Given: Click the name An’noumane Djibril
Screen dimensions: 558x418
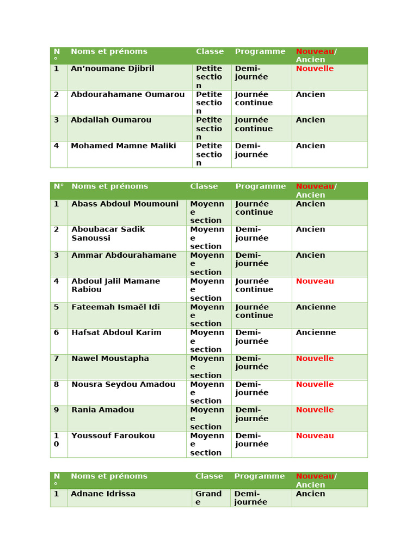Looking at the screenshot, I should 113,69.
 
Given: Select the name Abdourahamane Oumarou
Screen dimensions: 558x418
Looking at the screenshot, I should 127,94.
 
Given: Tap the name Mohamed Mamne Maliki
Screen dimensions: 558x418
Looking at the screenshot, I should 124,146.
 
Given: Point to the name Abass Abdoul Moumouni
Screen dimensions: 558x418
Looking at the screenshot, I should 125,204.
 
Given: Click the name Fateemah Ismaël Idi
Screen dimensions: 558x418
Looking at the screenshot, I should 115,307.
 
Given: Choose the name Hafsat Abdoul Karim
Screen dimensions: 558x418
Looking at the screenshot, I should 116,333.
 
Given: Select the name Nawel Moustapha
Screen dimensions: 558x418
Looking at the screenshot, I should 110,359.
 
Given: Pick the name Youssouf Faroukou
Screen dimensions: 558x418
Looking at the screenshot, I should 113,436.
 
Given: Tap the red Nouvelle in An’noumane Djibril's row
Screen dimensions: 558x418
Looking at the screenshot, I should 315,69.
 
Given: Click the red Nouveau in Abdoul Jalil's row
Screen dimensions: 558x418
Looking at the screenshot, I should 315,281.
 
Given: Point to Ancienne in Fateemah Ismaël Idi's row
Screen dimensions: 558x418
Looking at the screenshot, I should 316,307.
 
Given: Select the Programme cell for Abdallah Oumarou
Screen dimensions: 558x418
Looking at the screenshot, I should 254,124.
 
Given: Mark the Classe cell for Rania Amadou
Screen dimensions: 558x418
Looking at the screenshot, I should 207,418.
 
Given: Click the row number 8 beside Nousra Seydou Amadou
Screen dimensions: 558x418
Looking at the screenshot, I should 56,385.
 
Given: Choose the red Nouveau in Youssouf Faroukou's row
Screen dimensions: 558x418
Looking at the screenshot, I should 315,436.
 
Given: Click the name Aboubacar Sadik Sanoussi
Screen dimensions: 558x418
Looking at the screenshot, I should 108,234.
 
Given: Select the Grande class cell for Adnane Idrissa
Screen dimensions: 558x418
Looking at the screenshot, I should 208,498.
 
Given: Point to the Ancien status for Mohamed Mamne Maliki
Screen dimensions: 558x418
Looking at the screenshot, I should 310,146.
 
